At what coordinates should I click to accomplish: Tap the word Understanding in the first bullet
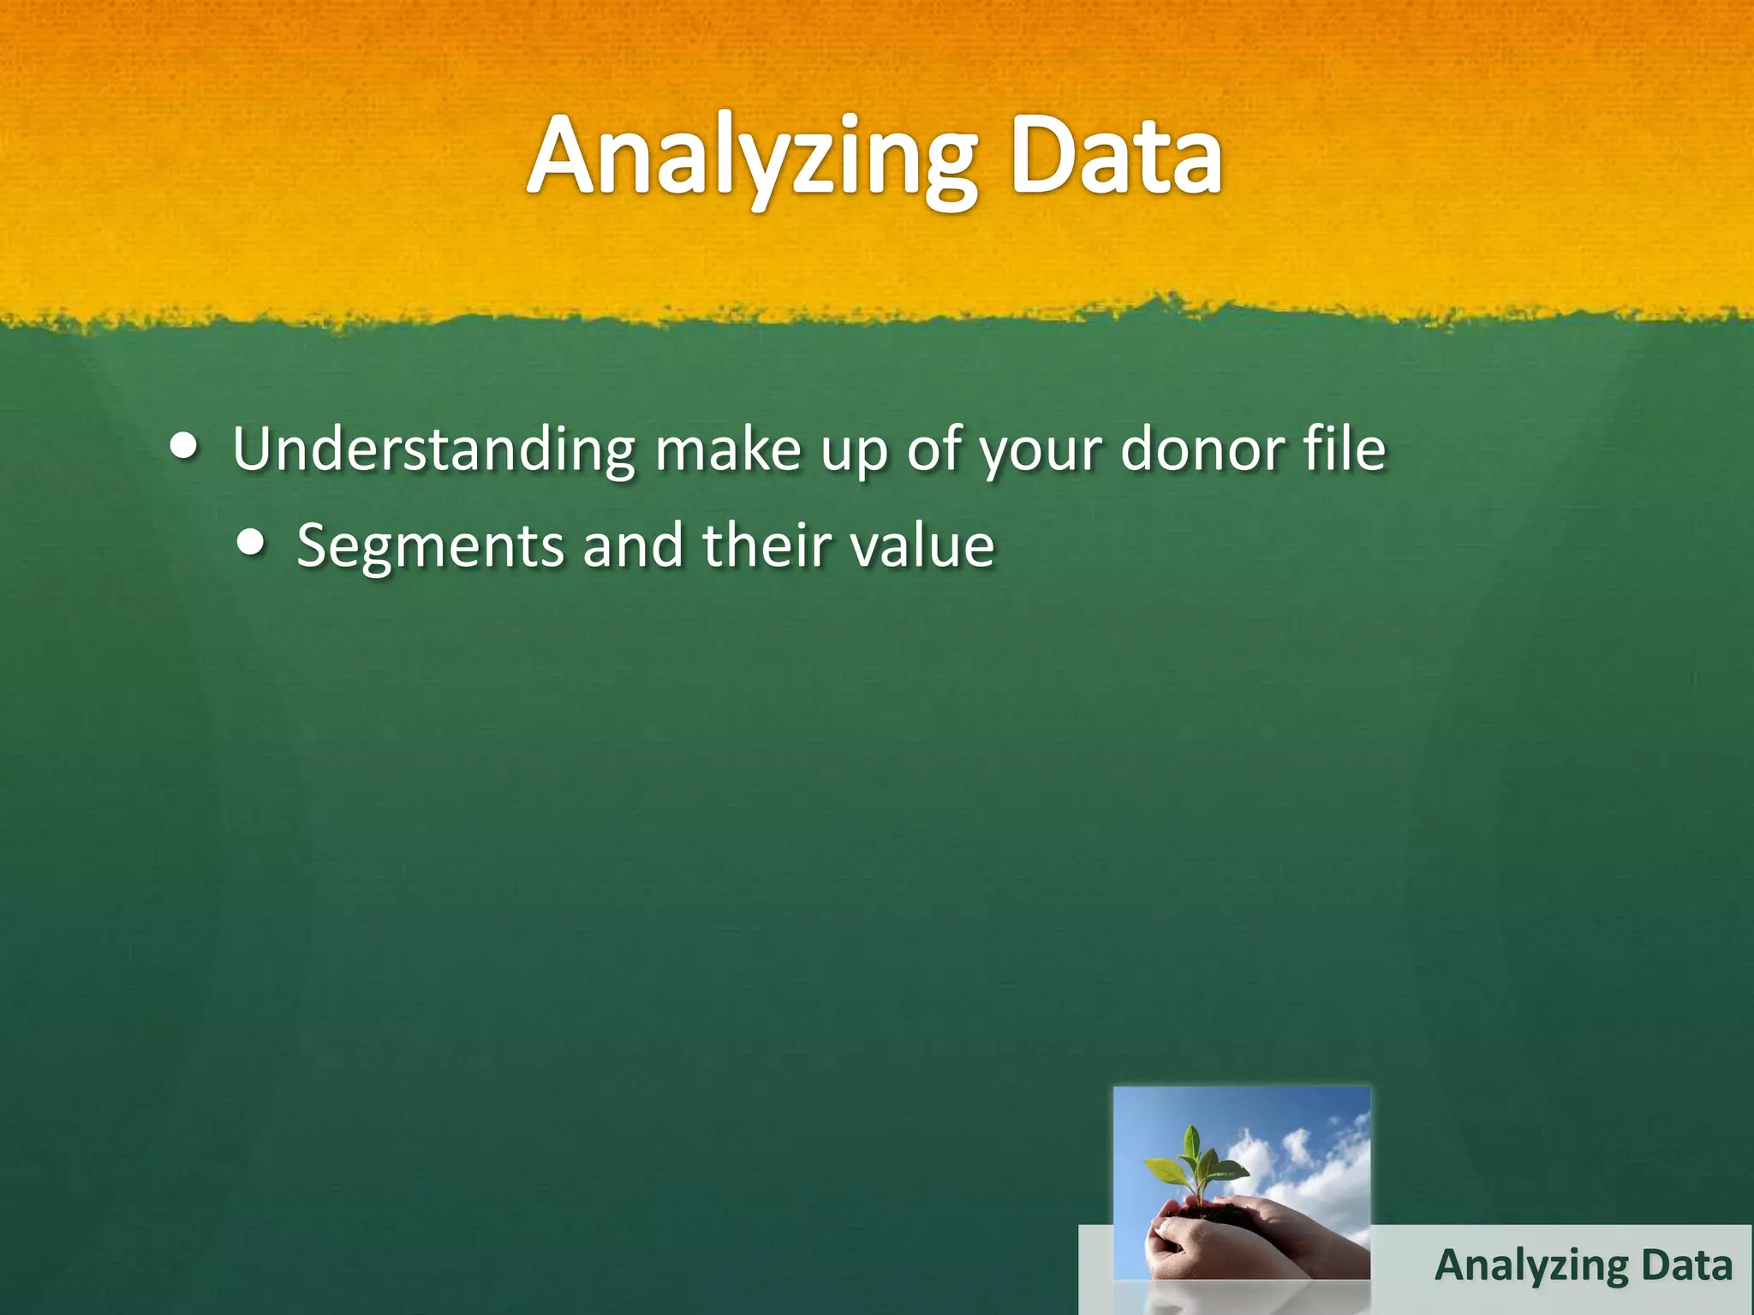pos(433,449)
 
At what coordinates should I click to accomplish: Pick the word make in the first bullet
pos(728,449)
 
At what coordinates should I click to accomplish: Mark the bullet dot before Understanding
pos(182,446)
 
